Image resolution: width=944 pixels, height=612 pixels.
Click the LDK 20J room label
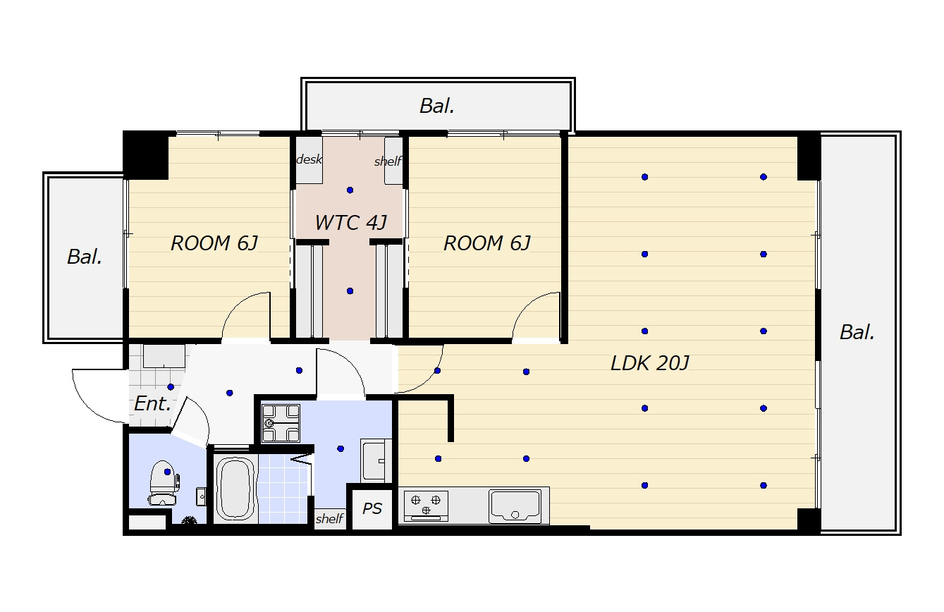coord(649,363)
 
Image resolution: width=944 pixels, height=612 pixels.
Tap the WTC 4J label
coord(350,223)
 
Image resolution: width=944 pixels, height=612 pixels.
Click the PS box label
coord(372,509)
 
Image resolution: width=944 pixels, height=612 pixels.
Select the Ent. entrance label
coord(152,404)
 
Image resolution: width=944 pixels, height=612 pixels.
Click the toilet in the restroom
coord(164,482)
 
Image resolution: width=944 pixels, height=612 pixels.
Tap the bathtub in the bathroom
coord(235,488)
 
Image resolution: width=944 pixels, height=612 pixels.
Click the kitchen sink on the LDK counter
coord(515,506)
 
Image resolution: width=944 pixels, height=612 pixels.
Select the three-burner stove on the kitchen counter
coord(426,506)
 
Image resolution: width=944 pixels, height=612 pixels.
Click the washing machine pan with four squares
coord(281,423)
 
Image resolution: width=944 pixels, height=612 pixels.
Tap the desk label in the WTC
coord(309,159)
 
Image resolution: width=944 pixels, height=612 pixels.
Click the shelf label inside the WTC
coord(388,161)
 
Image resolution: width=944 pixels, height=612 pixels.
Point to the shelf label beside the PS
coord(329,518)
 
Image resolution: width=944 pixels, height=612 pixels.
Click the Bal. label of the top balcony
coord(437,106)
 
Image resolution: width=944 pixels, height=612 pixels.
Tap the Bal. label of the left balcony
coord(85,257)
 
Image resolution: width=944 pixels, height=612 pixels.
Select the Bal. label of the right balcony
coord(857,332)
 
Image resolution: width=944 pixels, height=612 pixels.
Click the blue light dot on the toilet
coord(167,472)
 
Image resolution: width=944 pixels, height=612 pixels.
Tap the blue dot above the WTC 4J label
coord(350,190)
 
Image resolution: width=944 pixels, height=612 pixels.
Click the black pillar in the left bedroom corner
coord(146,155)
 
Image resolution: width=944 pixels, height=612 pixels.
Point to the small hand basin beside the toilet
coord(202,496)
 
